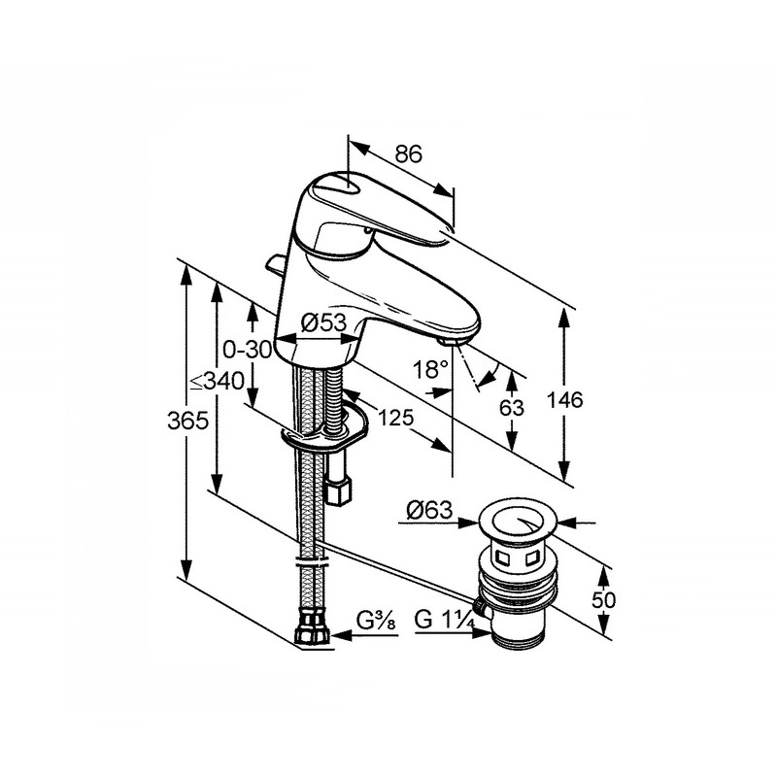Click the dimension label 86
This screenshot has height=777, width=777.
[408, 154]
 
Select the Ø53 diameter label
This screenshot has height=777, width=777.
[323, 322]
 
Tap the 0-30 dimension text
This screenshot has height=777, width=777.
[247, 350]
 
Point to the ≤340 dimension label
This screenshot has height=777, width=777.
[218, 382]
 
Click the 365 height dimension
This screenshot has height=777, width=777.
[187, 422]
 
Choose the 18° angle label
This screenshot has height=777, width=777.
[430, 369]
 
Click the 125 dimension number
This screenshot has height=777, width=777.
[395, 418]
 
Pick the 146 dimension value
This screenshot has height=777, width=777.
[564, 399]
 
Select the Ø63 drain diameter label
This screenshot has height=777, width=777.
[429, 510]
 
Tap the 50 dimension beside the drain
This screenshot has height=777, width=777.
[603, 600]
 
